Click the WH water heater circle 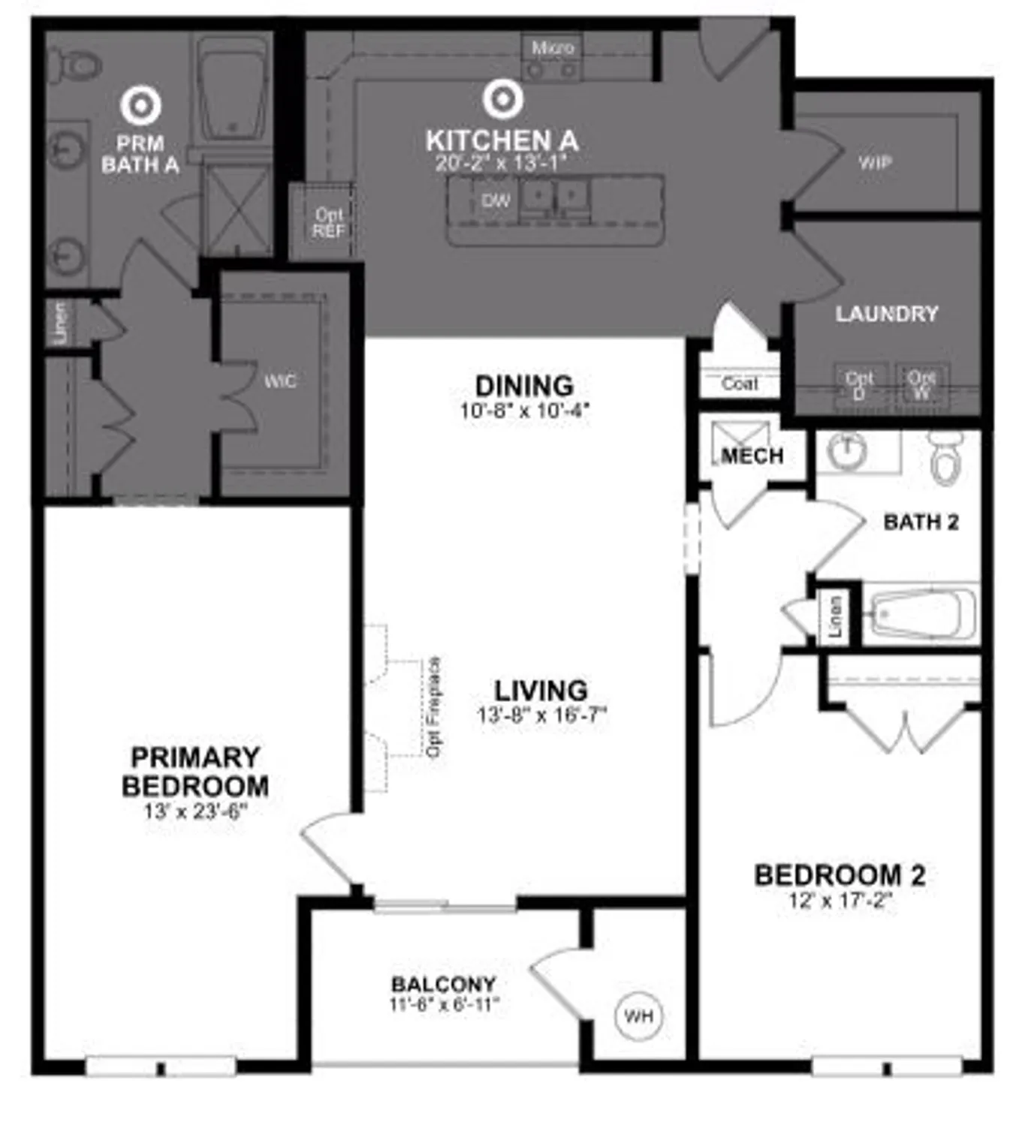pos(638,1016)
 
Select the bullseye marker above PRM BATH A pos(140,105)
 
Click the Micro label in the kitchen pos(553,48)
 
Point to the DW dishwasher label pos(496,200)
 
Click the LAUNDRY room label pos(887,313)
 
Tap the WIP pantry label pos(875,162)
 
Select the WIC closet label pos(280,381)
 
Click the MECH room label pos(752,456)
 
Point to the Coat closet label pos(740,384)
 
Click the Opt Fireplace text pos(434,707)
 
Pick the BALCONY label pos(444,983)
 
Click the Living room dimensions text pos(541,715)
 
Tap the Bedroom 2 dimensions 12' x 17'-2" pos(840,900)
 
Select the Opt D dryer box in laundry pos(860,386)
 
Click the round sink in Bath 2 pos(848,450)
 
